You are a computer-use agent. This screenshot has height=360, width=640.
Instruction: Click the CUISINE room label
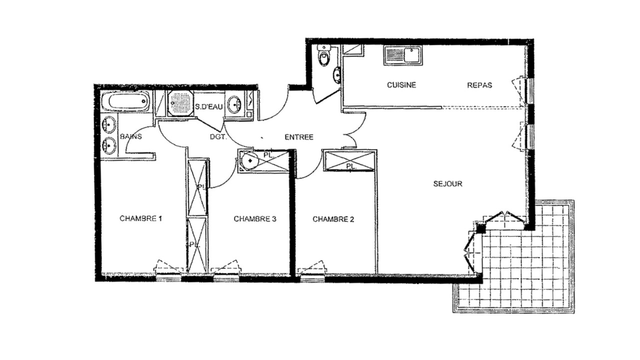401,85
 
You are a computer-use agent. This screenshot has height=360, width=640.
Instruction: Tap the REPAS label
479,85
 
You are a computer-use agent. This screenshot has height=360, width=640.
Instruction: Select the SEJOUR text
447,183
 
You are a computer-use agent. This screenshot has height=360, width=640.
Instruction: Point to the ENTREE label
299,137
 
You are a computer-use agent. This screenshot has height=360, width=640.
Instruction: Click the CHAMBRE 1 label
141,218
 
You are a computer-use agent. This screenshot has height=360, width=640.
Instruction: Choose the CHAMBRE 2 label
333,219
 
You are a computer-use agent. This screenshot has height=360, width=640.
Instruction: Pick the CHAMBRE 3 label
255,219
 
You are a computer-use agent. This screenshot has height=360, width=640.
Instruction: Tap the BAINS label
131,136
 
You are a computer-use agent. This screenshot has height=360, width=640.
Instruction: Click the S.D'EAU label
208,107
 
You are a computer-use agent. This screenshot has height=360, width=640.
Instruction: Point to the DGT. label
218,137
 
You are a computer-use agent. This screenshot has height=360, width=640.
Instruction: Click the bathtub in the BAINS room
125,101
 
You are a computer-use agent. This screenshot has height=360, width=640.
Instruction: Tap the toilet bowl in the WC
324,56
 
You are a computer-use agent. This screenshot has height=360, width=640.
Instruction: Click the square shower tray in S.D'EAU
180,103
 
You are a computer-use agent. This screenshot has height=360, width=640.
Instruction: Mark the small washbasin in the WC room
337,75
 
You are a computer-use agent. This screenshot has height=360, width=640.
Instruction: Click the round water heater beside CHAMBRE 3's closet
250,160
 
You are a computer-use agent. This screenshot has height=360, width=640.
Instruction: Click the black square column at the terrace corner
481,228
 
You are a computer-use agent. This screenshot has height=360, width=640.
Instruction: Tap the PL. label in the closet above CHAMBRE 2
351,166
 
